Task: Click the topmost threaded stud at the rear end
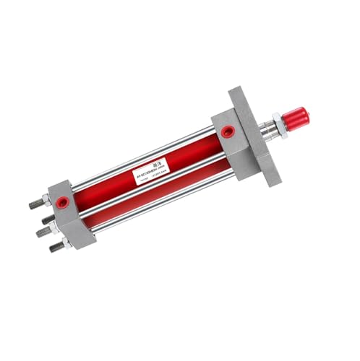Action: [35, 204]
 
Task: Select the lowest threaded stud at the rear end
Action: [56, 248]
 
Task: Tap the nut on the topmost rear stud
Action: [46, 201]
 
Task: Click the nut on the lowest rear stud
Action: [67, 243]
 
